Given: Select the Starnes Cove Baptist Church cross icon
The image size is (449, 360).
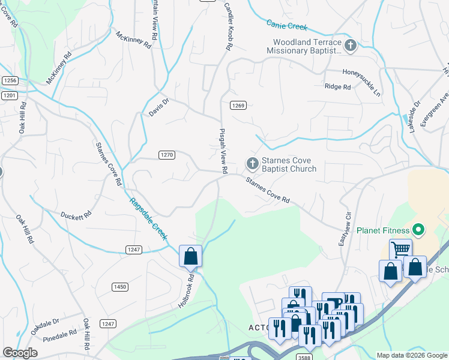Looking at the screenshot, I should point(253,163).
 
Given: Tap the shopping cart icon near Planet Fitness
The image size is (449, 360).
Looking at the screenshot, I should point(400,248).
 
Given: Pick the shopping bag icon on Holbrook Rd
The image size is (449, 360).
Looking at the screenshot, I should point(190,256).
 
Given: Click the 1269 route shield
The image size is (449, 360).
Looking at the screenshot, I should point(238,106).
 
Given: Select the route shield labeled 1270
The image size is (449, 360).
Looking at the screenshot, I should point(167,155).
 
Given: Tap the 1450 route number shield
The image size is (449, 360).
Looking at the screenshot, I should point(120,287).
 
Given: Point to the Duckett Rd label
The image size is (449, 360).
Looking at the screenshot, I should point(76,214).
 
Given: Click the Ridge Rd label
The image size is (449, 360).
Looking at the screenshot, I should point(337,87).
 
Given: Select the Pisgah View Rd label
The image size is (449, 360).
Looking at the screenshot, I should point(222,151).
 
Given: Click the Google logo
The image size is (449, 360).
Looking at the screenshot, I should point(20,353).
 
